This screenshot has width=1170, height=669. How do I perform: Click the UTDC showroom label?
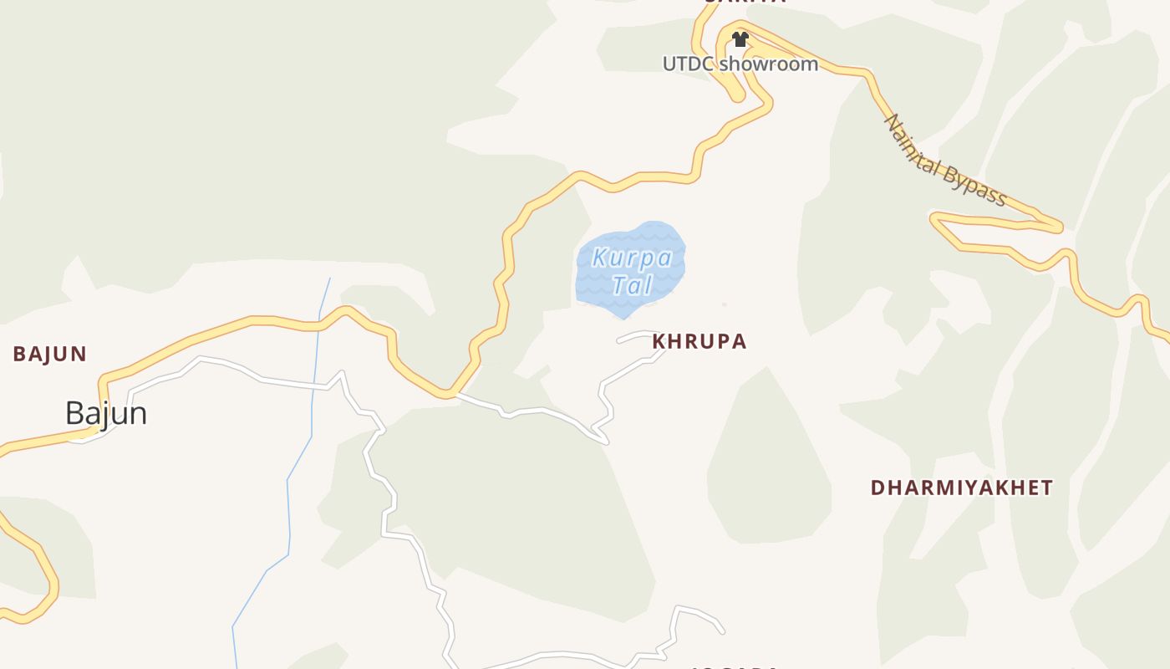pyautogui.click(x=740, y=64)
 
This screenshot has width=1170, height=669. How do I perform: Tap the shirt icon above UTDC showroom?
pyautogui.click(x=740, y=39)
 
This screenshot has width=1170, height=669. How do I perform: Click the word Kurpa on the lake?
pyautogui.click(x=631, y=258)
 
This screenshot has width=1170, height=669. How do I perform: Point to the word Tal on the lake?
pyautogui.click(x=631, y=285)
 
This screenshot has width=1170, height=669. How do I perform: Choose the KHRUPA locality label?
pyautogui.click(x=699, y=341)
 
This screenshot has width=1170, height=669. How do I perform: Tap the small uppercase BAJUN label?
pyautogui.click(x=49, y=354)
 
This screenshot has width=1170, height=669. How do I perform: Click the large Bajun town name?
pyautogui.click(x=106, y=413)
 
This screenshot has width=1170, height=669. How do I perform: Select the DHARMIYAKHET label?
pyautogui.click(x=961, y=488)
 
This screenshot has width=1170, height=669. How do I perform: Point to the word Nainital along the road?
pyautogui.click(x=914, y=141)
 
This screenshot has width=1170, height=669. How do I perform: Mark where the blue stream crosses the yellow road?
pyautogui.click(x=319, y=323)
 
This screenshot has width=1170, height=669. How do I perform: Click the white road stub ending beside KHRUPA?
pyautogui.click(x=621, y=340)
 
